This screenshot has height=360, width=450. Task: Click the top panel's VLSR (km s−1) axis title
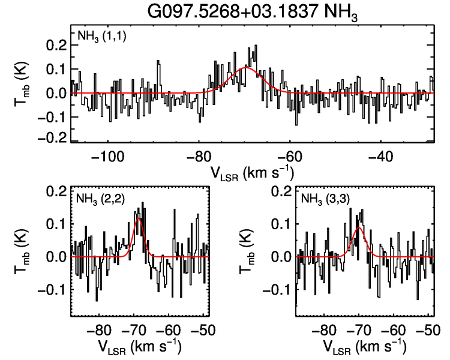coord(252,172)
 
